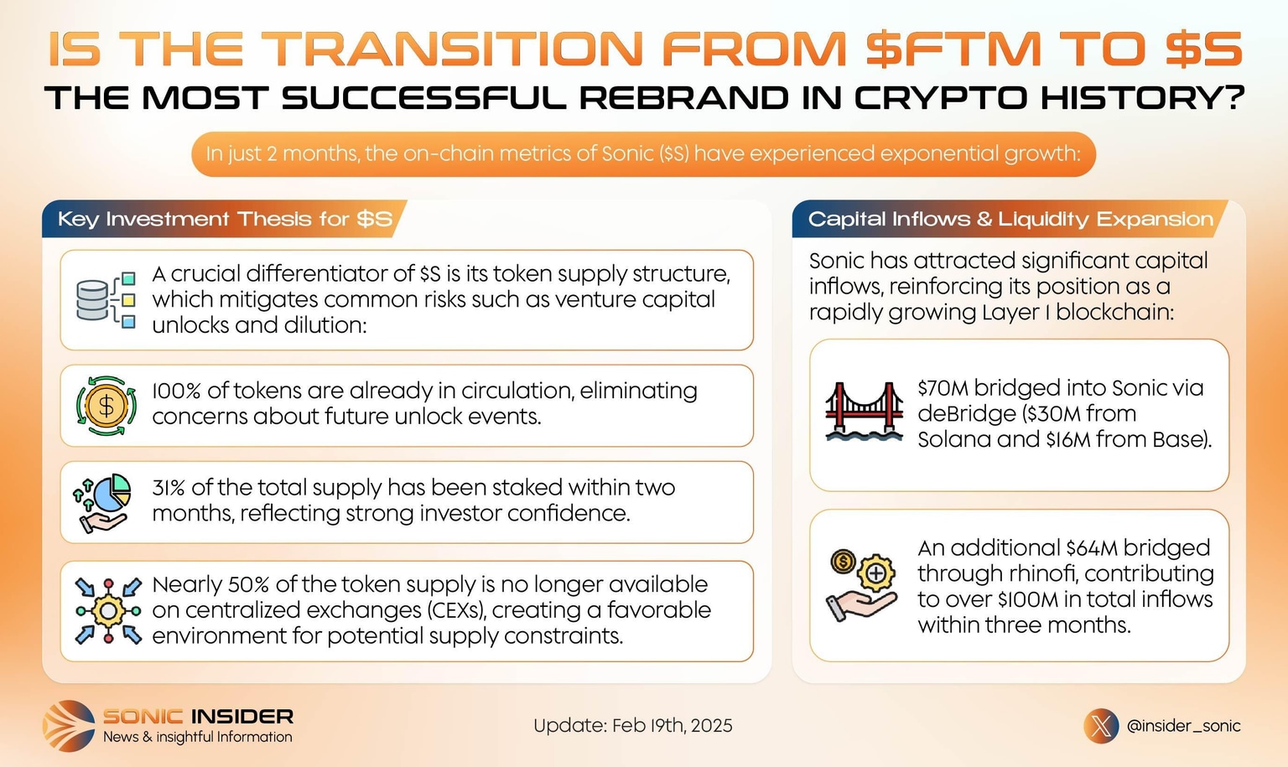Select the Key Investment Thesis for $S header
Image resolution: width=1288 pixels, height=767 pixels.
click(x=225, y=219)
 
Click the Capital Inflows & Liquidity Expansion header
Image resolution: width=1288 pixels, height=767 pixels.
click(x=1010, y=219)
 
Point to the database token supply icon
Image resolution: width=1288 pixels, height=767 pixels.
click(x=106, y=300)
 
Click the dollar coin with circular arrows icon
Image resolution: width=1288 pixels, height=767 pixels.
click(x=106, y=406)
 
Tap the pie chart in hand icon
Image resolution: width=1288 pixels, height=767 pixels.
click(x=101, y=503)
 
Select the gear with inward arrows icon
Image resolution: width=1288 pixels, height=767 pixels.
click(x=108, y=610)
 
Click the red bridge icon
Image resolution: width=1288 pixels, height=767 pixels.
click(x=865, y=411)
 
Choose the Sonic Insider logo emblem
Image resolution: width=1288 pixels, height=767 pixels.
click(x=69, y=726)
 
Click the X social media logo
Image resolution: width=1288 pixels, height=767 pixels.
click(x=1101, y=726)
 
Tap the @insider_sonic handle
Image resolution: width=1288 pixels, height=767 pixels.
click(x=1183, y=726)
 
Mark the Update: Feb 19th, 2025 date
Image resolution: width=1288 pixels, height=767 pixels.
click(x=633, y=726)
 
